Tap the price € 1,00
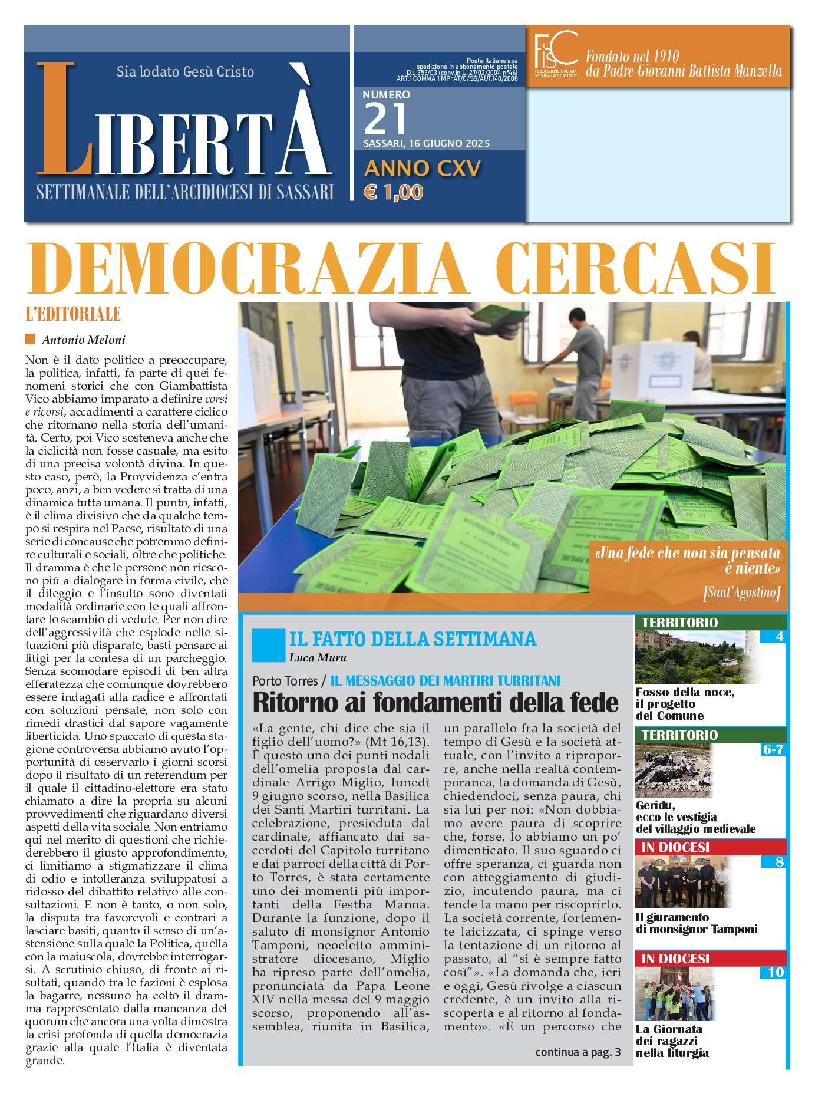[x=393, y=192]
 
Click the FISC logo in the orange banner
[x=555, y=54]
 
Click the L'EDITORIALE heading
[x=73, y=314]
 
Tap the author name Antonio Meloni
[x=83, y=340]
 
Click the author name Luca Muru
[x=318, y=657]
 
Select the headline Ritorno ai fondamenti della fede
[x=435, y=703]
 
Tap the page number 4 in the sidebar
[x=780, y=636]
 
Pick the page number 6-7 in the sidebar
[x=773, y=749]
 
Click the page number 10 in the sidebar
[x=776, y=972]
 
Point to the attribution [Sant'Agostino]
[x=741, y=592]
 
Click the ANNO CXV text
[x=423, y=169]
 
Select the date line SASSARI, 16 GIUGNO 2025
[x=426, y=143]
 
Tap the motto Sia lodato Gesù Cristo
[x=185, y=72]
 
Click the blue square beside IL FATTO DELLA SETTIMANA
[x=268, y=646]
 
